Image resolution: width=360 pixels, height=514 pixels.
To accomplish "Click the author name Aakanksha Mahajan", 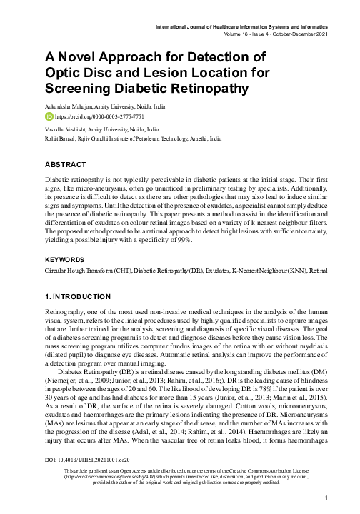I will click(x=65, y=106).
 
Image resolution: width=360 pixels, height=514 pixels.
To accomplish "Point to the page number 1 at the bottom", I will click(x=325, y=497).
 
